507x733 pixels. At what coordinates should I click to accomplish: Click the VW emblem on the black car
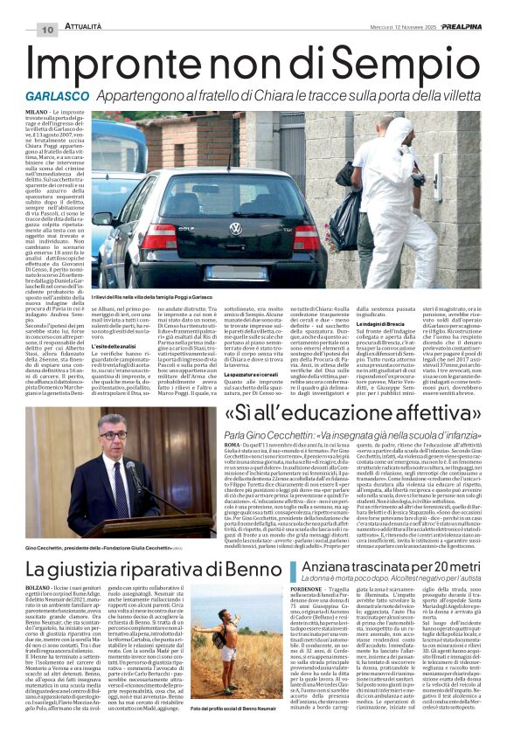click(234, 229)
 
